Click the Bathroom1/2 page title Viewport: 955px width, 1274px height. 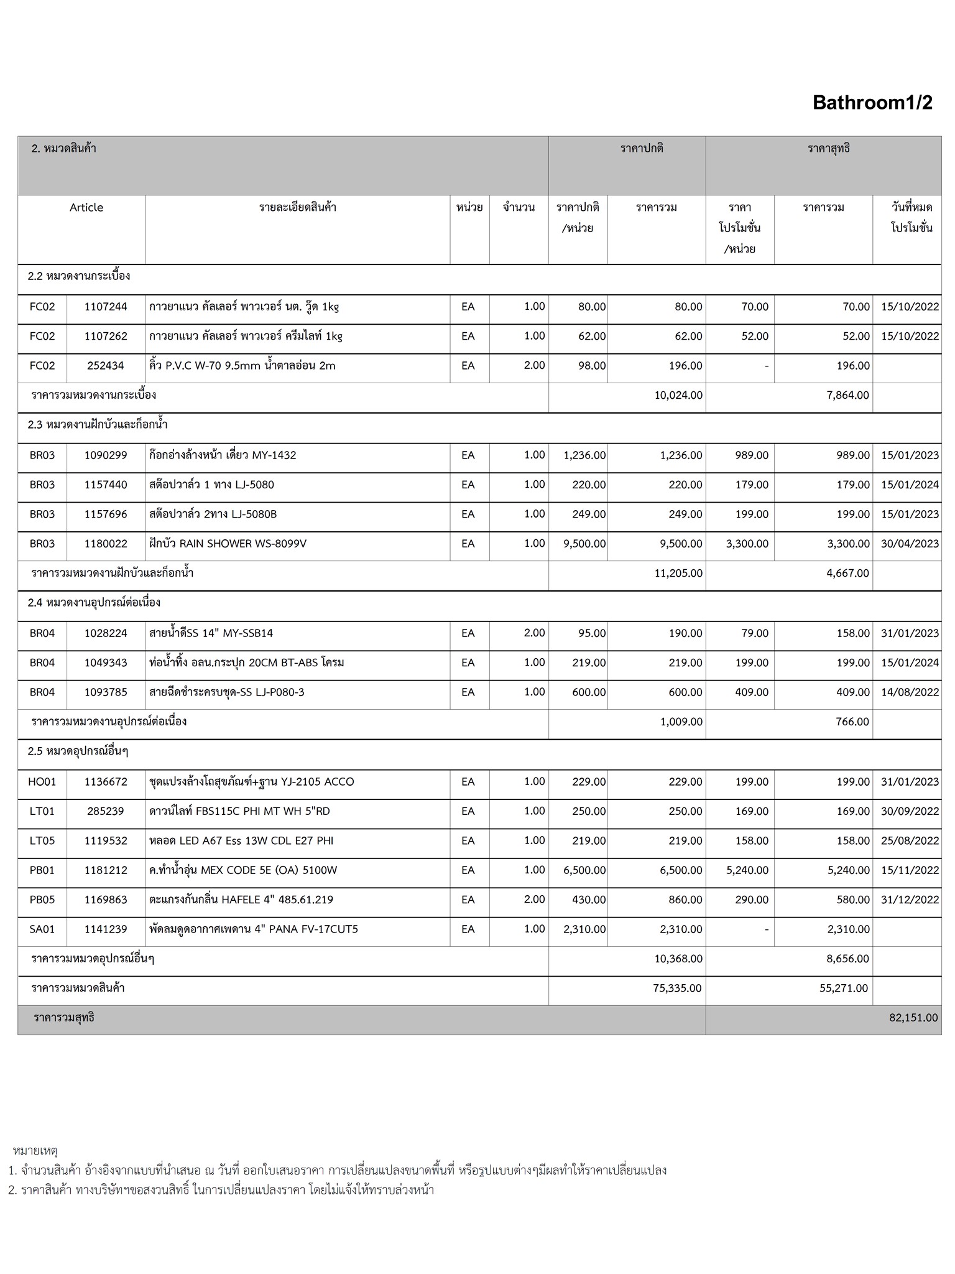[872, 103]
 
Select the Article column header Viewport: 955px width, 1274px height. [86, 208]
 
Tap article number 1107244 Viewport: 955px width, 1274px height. [106, 307]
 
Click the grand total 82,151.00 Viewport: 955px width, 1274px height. [913, 1018]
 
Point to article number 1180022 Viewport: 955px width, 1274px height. [106, 544]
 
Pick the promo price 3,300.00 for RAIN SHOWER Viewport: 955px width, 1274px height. [747, 544]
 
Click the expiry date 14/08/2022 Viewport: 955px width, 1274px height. [910, 692]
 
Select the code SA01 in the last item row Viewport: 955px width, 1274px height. [42, 929]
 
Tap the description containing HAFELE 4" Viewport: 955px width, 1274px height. [241, 900]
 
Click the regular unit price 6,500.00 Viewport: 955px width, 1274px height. [584, 870]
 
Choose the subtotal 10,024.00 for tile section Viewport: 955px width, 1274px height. [678, 395]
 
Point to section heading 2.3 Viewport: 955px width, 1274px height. [98, 425]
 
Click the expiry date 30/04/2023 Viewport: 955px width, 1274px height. [910, 544]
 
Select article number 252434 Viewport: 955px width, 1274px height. [106, 366]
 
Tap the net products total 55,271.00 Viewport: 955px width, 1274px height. [844, 988]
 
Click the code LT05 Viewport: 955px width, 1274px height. [42, 841]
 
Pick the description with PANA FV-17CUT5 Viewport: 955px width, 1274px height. [254, 929]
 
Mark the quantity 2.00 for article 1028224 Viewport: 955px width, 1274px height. [534, 633]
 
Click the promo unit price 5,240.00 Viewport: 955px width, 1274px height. [747, 870]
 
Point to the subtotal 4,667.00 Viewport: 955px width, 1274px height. [847, 573]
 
